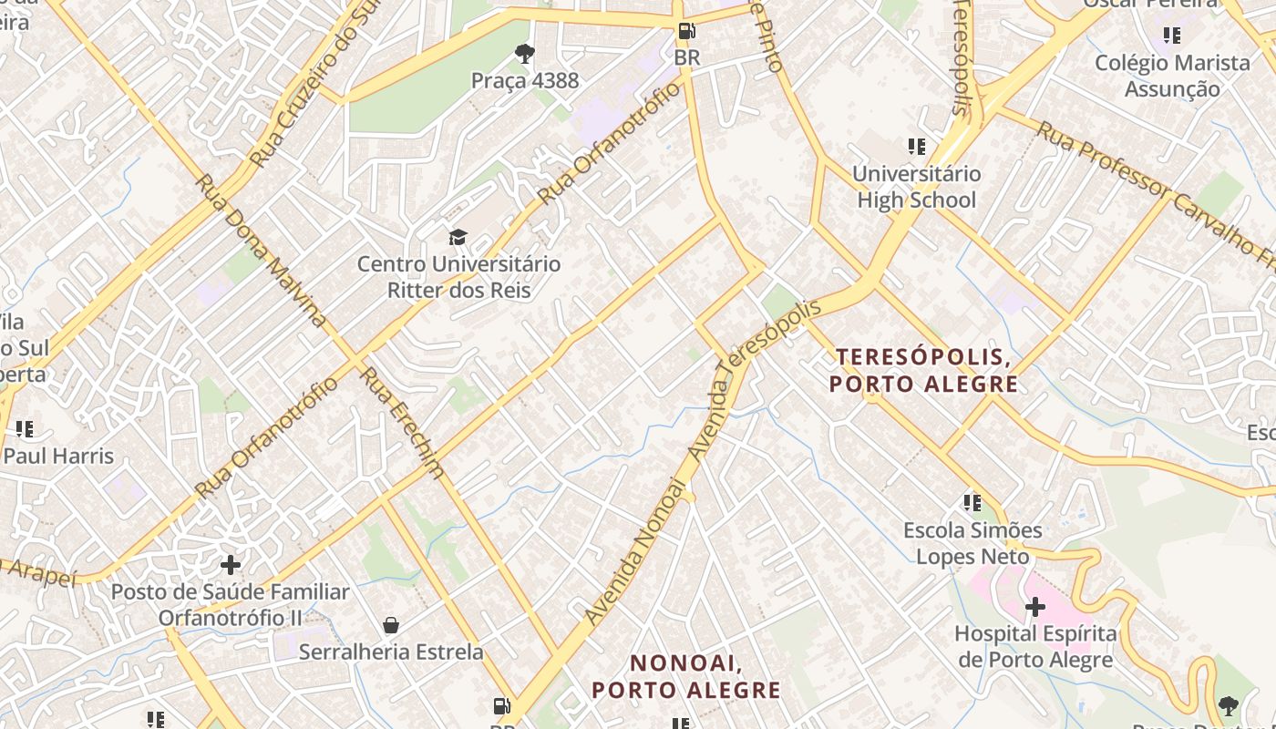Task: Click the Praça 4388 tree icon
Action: click(x=525, y=54)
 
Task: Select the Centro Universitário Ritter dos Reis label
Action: click(x=458, y=277)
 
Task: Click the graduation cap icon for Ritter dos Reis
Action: click(x=458, y=238)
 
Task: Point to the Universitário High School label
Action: click(x=917, y=187)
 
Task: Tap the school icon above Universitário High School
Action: click(x=917, y=146)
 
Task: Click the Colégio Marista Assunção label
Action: click(x=1172, y=76)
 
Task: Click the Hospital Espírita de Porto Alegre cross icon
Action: click(x=1035, y=606)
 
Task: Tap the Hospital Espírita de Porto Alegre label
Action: click(x=1035, y=646)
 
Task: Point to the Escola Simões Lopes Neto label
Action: click(x=972, y=542)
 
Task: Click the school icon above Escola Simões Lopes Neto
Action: click(x=972, y=502)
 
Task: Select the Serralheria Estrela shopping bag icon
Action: click(x=391, y=625)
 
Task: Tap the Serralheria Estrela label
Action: click(x=391, y=652)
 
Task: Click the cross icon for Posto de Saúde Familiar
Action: click(x=231, y=564)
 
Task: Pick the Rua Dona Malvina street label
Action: click(x=261, y=250)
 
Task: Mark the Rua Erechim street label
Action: click(x=402, y=422)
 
